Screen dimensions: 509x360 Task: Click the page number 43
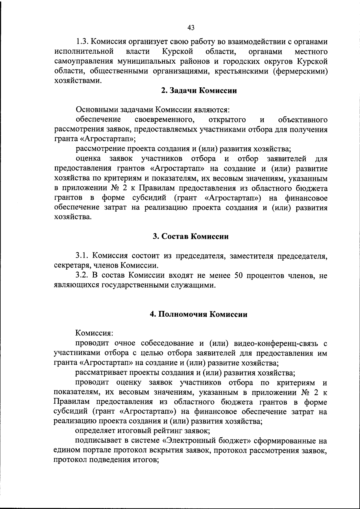pyautogui.click(x=191, y=28)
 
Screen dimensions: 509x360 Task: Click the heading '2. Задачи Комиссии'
pyautogui.click(x=199, y=91)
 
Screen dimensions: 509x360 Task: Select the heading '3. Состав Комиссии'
pyautogui.click(x=190, y=236)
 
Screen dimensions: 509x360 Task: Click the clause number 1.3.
pyautogui.click(x=81, y=41)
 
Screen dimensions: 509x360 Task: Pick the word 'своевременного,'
pyautogui.click(x=164, y=120)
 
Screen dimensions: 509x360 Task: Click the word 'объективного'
pyautogui.click(x=303, y=120)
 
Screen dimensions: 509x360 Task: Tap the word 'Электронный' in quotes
pyautogui.click(x=189, y=441)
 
